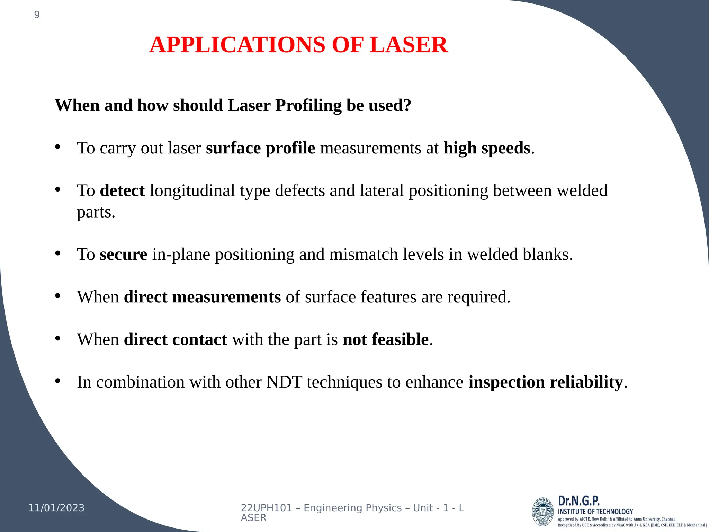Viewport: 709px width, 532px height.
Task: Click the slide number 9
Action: (37, 15)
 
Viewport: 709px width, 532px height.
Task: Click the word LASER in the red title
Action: (409, 45)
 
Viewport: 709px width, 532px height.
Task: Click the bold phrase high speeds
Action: (487, 148)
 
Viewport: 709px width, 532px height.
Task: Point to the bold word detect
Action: (122, 190)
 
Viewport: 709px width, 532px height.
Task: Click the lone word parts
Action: (96, 212)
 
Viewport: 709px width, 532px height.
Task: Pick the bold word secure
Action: (124, 255)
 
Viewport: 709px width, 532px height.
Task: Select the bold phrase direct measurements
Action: (202, 297)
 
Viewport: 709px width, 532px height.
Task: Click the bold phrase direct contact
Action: (176, 339)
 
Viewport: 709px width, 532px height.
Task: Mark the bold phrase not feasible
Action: (386, 339)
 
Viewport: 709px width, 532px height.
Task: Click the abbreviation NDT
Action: (284, 382)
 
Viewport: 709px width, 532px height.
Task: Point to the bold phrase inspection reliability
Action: (546, 382)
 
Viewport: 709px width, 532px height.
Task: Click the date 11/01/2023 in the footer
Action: (56, 508)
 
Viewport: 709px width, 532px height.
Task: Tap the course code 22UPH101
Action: (267, 508)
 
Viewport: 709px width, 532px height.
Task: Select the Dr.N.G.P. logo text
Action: (579, 501)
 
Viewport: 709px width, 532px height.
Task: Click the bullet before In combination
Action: (58, 381)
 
